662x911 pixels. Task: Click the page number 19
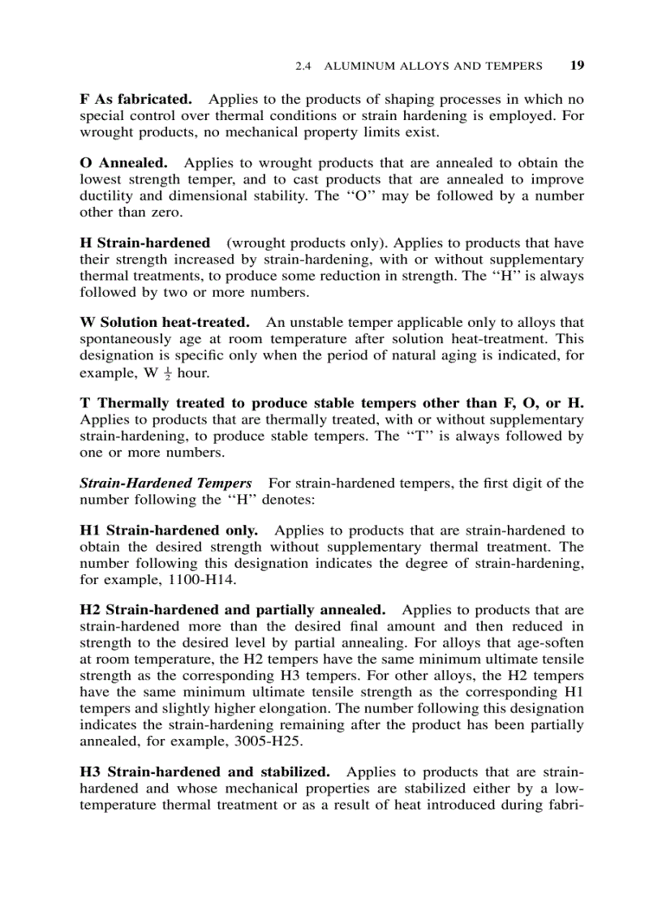577,66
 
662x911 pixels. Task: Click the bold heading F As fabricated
135,100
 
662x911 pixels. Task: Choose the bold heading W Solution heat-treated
164,323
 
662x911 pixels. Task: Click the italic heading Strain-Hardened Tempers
165,483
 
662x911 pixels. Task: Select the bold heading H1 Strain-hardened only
169,531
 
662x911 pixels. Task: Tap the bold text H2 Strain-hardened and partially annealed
232,610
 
